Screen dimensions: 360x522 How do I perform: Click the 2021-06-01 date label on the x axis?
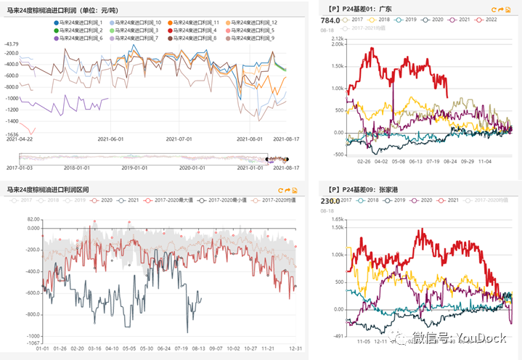pyautogui.click(x=110, y=139)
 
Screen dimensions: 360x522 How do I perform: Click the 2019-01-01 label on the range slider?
pyautogui.click(x=135, y=167)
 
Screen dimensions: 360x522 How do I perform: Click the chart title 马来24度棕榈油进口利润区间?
pyautogui.click(x=48, y=189)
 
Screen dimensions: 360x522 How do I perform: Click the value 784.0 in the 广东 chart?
pyautogui.click(x=330, y=20)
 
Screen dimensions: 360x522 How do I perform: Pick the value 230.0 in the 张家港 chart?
pyautogui.click(x=330, y=201)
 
